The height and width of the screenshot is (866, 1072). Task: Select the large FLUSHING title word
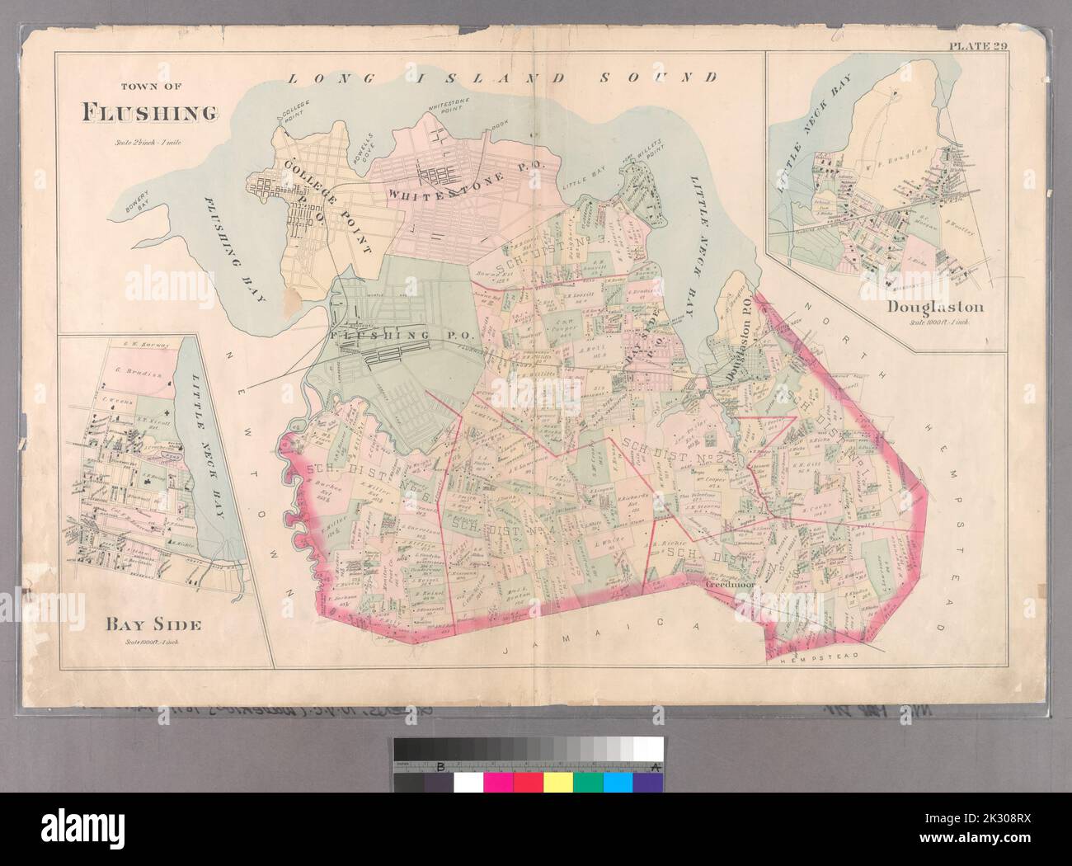(150, 111)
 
